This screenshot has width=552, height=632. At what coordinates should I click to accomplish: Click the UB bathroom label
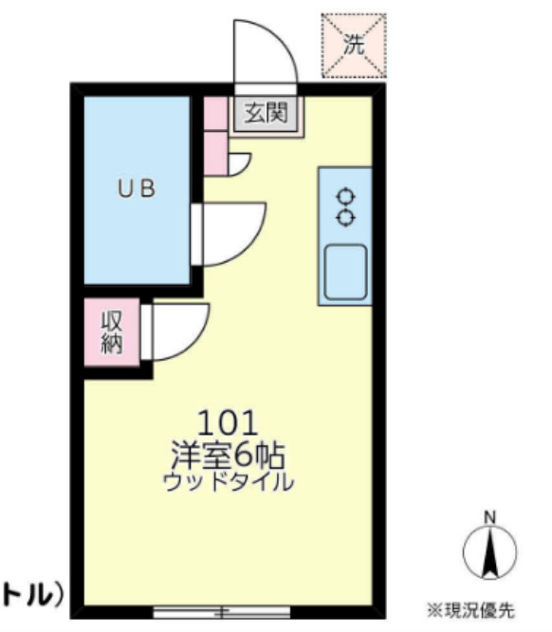[x=136, y=188]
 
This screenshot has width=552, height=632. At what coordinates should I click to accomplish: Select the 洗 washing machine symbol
[x=354, y=44]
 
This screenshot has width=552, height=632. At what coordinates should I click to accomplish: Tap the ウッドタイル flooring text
[x=228, y=481]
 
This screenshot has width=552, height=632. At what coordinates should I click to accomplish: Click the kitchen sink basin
[x=345, y=272]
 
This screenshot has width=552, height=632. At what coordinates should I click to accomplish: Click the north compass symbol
[x=489, y=550]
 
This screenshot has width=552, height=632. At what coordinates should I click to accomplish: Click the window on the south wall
[x=221, y=610]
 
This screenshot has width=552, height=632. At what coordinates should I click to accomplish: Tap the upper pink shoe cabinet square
[x=214, y=112]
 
